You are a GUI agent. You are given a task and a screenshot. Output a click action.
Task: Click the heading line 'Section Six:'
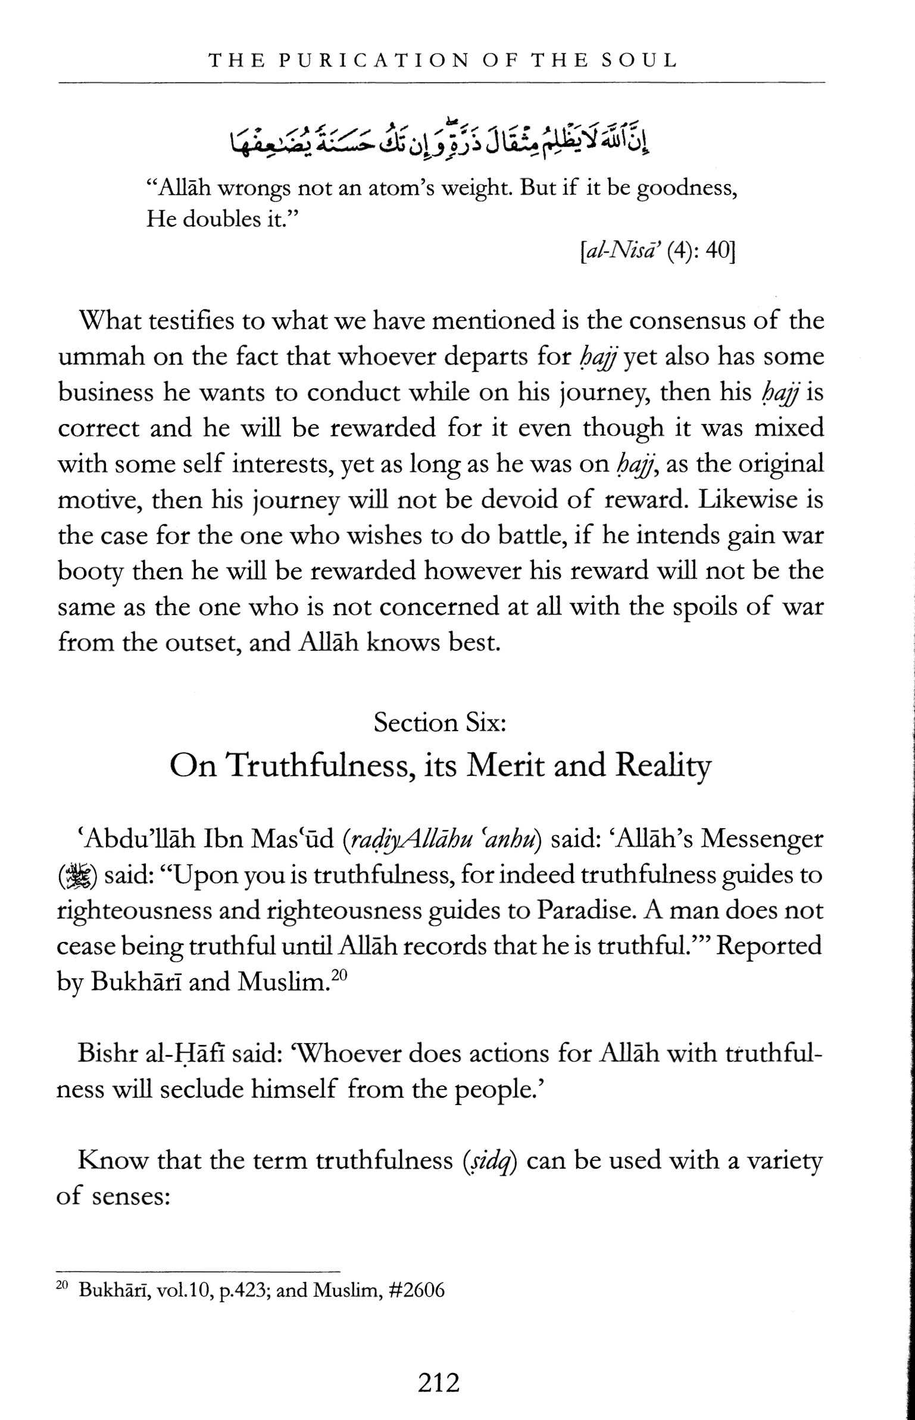pyautogui.click(x=440, y=722)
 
